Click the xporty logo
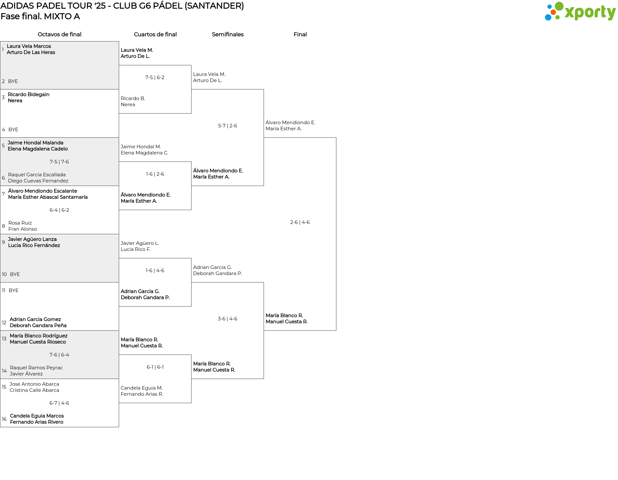(x=580, y=12)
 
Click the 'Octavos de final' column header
(x=60, y=34)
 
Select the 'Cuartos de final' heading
(x=155, y=34)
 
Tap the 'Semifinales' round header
(x=228, y=34)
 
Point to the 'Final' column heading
(x=300, y=34)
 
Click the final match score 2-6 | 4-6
(x=300, y=222)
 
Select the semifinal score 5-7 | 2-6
(x=228, y=126)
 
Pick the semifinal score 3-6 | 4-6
(x=228, y=319)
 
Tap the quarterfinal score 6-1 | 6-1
(x=155, y=367)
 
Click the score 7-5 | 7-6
(x=59, y=162)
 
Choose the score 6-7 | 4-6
(x=59, y=403)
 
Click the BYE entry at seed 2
(x=13, y=81)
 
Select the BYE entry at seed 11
(x=14, y=291)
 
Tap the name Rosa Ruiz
(x=20, y=223)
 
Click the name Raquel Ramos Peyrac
(x=36, y=368)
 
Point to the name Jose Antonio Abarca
(x=34, y=384)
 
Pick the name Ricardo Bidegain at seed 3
(x=29, y=95)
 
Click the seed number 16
(x=4, y=419)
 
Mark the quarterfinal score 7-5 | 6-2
(x=155, y=78)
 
